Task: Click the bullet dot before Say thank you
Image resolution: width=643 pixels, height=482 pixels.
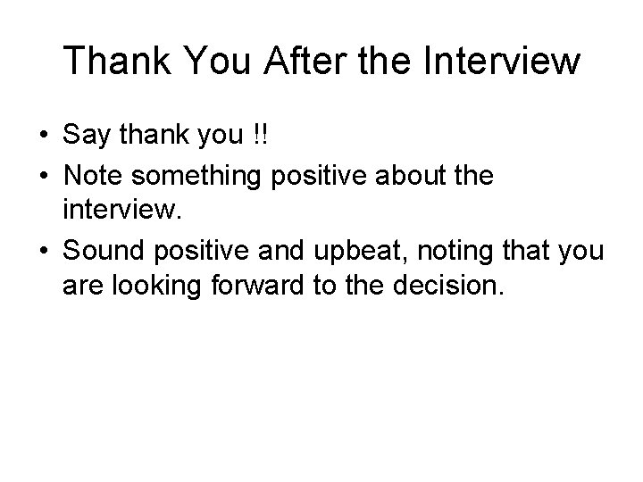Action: [x=42, y=137]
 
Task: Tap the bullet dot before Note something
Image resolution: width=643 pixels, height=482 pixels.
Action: [x=42, y=177]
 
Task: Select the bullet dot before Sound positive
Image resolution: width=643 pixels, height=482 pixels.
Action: [x=42, y=252]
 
